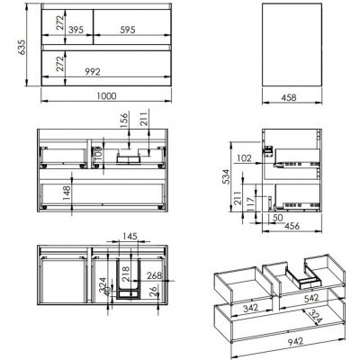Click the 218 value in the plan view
pyautogui.click(x=125, y=271)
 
